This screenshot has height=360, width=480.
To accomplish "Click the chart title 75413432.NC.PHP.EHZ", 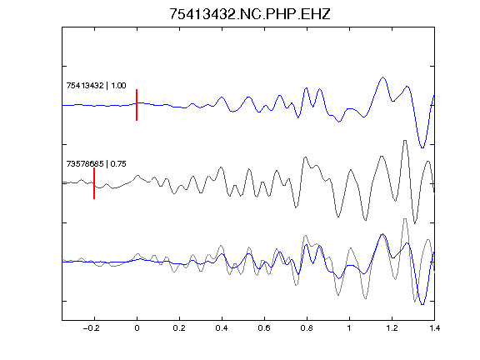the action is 250,14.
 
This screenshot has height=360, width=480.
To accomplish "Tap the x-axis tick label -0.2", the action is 91,328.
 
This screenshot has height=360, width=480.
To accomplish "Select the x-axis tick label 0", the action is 137,328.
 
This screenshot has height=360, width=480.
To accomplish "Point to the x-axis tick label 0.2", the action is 179,328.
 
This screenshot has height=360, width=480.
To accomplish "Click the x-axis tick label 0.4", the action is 222,328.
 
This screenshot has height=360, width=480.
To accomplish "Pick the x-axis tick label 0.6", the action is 264,328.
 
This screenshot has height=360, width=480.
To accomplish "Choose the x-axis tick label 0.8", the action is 307,328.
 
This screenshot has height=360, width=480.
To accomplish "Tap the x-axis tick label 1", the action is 349,328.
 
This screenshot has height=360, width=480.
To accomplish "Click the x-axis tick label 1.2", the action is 392,328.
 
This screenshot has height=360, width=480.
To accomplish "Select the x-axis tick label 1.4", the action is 434,328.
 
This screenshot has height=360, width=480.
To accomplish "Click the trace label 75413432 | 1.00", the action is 96,85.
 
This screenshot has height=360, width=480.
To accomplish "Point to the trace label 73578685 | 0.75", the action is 96,164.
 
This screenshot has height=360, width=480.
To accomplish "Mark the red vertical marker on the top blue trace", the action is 137,105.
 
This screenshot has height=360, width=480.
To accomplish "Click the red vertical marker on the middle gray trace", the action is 94,183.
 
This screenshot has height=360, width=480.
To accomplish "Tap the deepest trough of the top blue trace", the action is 422,147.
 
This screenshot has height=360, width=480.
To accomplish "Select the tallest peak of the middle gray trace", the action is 405,141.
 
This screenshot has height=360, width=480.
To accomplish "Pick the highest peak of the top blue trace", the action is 382,77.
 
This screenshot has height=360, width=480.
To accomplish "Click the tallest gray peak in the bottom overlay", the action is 405,219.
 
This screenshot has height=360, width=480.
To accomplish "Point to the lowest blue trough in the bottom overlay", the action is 422,305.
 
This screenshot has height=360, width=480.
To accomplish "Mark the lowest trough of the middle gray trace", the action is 415,223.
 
